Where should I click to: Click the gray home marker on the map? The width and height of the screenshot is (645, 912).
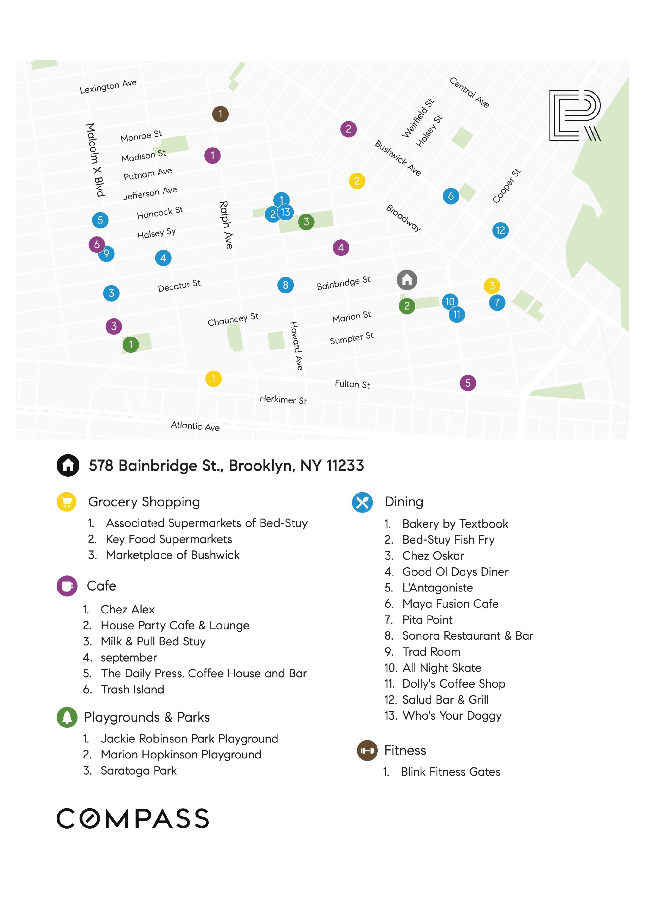click(407, 280)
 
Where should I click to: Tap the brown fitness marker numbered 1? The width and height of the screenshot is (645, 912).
click(220, 114)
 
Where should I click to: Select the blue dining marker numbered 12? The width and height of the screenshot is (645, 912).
click(500, 230)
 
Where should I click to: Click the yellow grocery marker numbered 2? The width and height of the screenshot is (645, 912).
click(357, 181)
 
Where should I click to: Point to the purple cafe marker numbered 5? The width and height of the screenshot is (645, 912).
click(467, 383)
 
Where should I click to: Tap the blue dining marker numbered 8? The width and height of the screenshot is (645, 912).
click(285, 285)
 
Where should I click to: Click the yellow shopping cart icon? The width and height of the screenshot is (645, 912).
click(67, 502)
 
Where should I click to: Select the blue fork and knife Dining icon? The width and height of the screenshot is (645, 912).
click(362, 502)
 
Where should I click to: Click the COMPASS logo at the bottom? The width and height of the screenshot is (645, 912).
click(133, 819)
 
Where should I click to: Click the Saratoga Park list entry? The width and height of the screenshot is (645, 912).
click(138, 771)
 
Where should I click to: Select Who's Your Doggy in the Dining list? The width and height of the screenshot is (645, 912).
click(451, 716)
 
